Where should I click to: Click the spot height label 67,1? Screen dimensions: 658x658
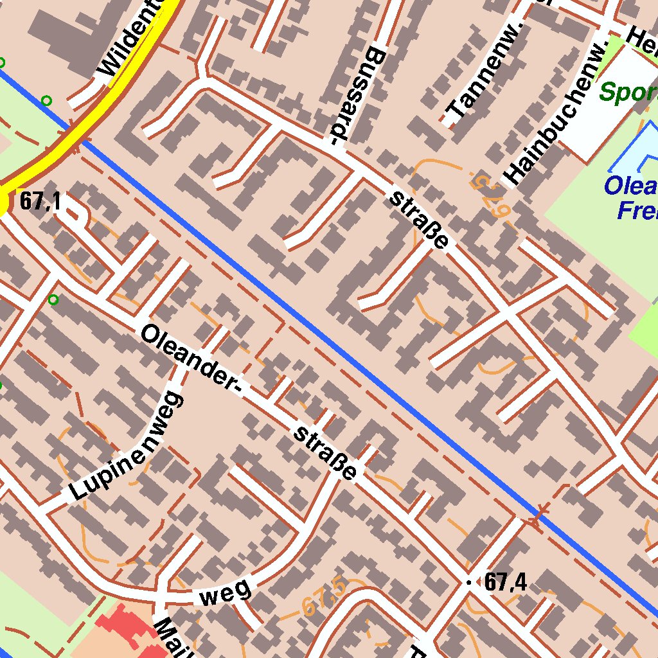coord(40,202)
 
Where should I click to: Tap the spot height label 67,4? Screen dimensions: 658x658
coord(506,583)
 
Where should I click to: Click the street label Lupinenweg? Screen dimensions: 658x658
coord(126,447)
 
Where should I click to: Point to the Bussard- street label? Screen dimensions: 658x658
coord(357,95)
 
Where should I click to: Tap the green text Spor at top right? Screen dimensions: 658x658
coord(627,93)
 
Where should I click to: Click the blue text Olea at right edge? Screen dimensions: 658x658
coord(630,186)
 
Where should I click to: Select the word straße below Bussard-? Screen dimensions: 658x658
coord(418,219)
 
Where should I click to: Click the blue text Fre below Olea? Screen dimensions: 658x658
coord(636,210)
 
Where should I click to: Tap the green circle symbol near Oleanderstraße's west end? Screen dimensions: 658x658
coord(53,299)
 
